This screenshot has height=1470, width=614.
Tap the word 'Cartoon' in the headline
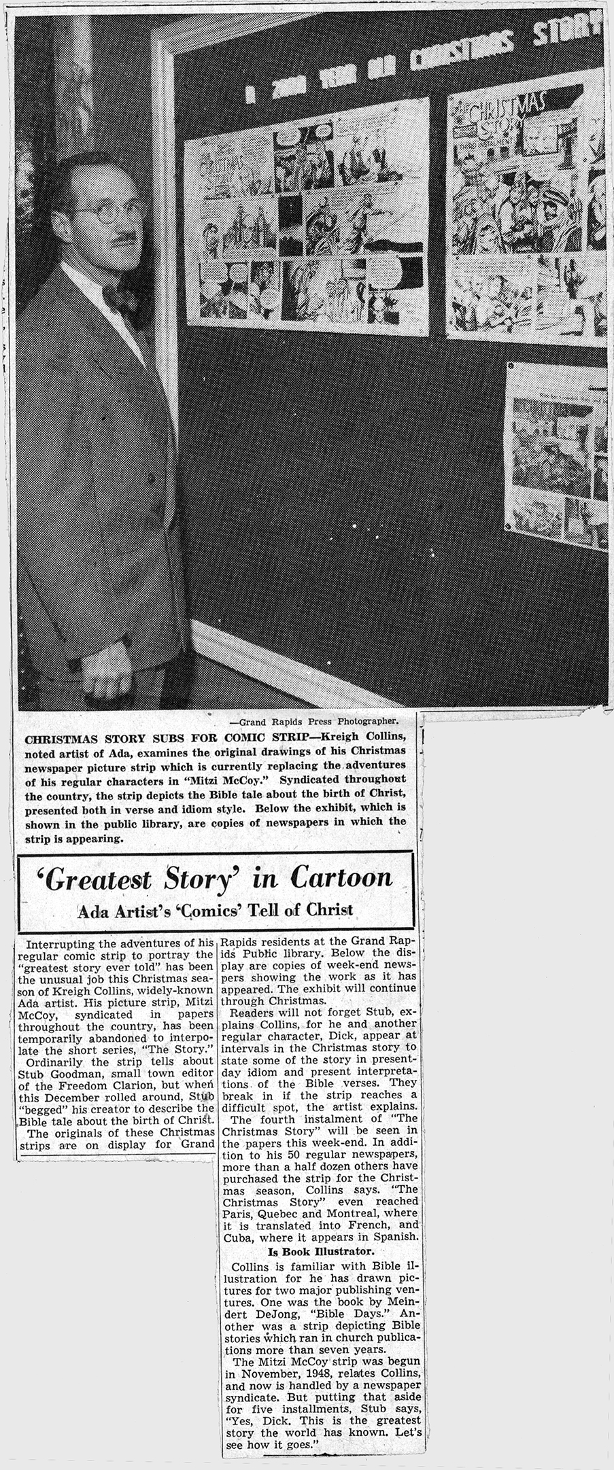341,877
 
